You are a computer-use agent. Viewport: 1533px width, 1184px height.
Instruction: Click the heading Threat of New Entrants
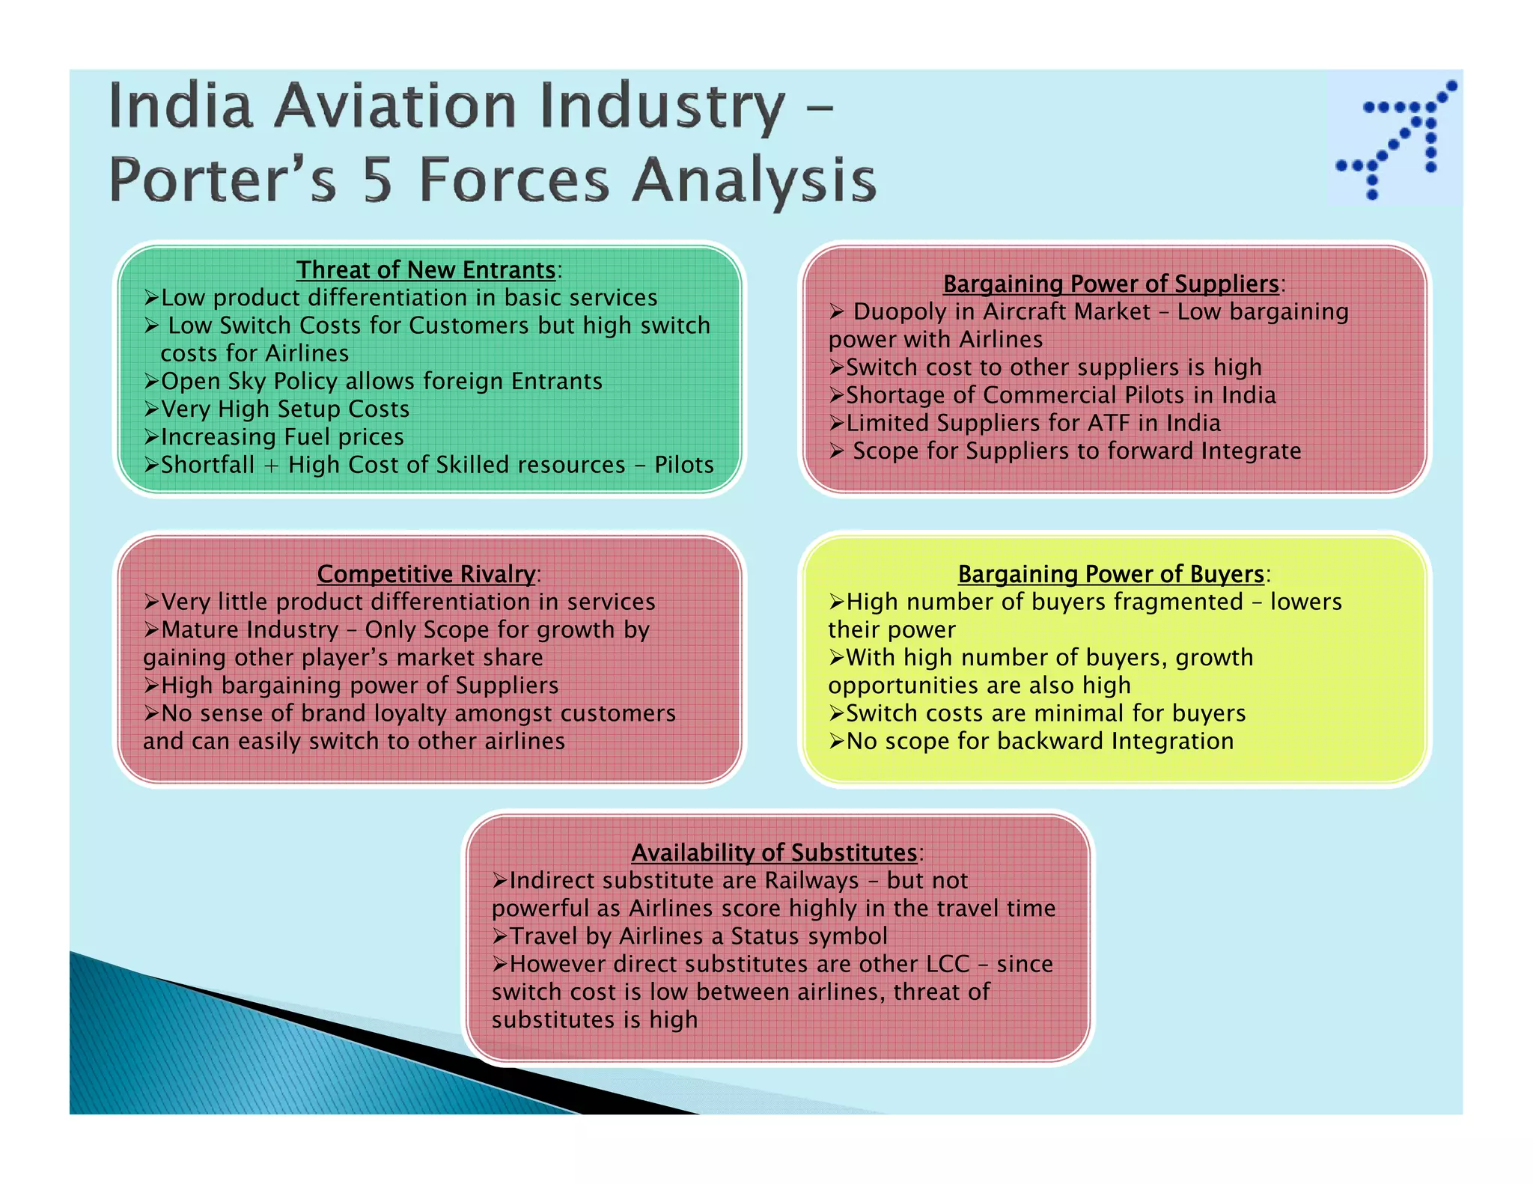pyautogui.click(x=426, y=269)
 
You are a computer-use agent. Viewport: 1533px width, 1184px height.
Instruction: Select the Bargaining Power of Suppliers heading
pyautogui.click(x=1111, y=284)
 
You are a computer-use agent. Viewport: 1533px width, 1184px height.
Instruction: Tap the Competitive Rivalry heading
pyautogui.click(x=426, y=574)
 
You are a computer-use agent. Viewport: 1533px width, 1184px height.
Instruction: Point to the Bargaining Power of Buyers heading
pyautogui.click(x=1111, y=574)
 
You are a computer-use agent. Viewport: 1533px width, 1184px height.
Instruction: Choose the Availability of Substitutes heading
pyautogui.click(x=774, y=852)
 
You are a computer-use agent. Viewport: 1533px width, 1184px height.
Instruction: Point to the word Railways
pyautogui.click(x=811, y=881)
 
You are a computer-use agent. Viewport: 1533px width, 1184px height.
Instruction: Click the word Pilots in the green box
pyautogui.click(x=684, y=465)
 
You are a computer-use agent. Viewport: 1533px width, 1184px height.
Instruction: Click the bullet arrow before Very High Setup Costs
pyautogui.click(x=151, y=409)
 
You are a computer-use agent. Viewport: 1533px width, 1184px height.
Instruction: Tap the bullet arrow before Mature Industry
pyautogui.click(x=151, y=630)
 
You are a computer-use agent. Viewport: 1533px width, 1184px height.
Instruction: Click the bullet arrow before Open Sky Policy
pyautogui.click(x=151, y=382)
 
